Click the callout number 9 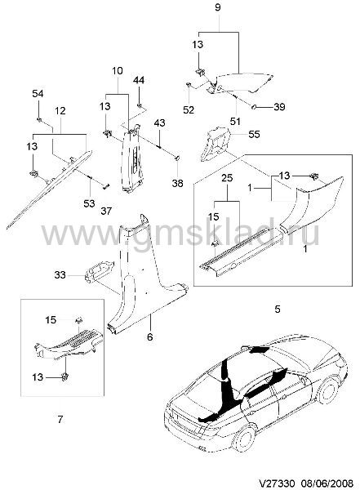pos(218,7)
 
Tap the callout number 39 pos(279,107)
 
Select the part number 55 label pos(255,135)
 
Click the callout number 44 pos(139,80)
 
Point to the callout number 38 pos(177,183)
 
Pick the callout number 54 pos(38,93)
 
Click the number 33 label pos(60,274)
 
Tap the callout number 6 pos(150,336)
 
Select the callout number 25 pos(227,178)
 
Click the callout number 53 pos(89,203)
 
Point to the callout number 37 pos(106,211)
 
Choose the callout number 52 pos(189,109)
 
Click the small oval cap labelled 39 pos(253,107)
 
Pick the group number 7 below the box pos(60,419)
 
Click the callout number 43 pos(159,122)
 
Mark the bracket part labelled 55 pos(216,143)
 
